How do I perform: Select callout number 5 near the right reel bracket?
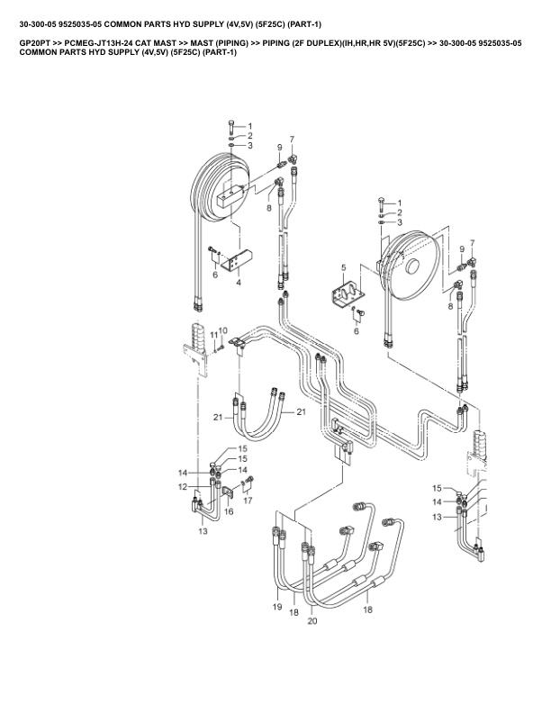[344, 267]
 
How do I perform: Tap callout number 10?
[223, 330]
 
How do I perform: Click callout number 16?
[229, 510]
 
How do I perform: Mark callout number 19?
[277, 608]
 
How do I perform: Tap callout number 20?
[312, 621]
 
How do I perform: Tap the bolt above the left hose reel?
[232, 124]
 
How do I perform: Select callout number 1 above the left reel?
[249, 126]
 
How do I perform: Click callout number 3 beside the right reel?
[400, 222]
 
